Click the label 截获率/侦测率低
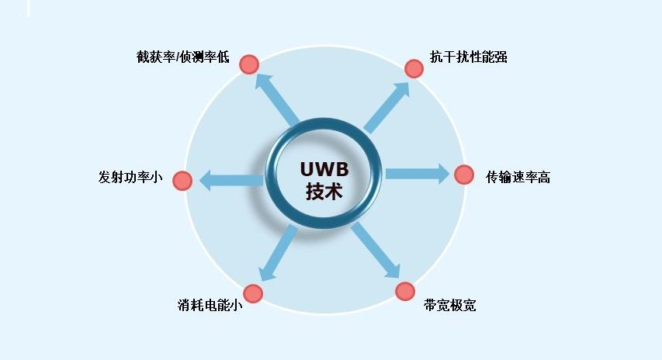click(x=182, y=58)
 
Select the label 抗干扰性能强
click(x=469, y=57)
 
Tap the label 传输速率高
click(x=518, y=177)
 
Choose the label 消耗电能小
click(x=210, y=305)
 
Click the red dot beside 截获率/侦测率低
click(x=248, y=64)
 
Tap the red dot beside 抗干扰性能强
click(x=414, y=68)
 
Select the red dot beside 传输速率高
click(x=464, y=175)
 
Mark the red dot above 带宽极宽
click(x=405, y=291)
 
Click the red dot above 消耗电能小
click(x=253, y=293)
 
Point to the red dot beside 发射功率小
click(x=182, y=181)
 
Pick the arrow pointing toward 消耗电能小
click(x=279, y=252)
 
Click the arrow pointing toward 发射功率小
click(x=231, y=181)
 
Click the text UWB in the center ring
click(x=324, y=168)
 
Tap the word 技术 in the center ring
click(x=324, y=192)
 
